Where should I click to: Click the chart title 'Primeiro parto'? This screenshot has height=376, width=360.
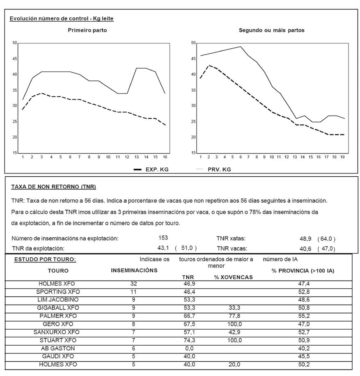pos(87,30)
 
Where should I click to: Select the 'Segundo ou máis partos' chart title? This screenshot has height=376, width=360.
pos(271,30)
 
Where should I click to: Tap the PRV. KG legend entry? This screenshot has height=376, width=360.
pos(219,169)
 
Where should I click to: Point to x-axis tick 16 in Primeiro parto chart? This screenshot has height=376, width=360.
pos(165,157)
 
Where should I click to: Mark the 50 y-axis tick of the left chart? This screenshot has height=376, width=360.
pos(15,43)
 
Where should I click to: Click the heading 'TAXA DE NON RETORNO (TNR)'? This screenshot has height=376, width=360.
pos(53,187)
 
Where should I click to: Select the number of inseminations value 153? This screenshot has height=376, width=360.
pos(163,238)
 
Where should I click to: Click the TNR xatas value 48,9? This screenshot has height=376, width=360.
pos(306,239)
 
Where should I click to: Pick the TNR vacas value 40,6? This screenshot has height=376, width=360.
pos(306,248)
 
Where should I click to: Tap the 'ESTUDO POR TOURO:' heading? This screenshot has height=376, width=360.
pos(45,260)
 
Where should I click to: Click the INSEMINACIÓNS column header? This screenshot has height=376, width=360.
pos(134,270)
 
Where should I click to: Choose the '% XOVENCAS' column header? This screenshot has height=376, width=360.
pos(233,277)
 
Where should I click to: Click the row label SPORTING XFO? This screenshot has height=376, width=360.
pos(58,292)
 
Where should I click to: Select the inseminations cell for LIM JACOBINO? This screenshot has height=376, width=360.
pos(133,300)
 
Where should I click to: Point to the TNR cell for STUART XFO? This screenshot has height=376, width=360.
pos(189,340)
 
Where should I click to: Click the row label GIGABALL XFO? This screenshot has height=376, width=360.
pos(58,308)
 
